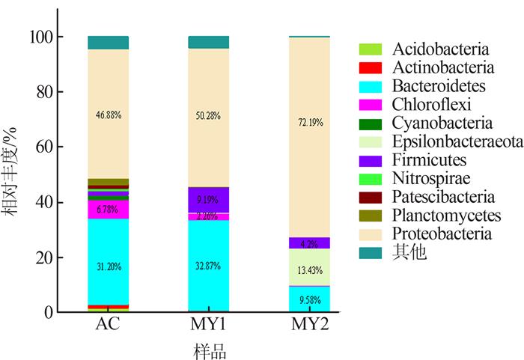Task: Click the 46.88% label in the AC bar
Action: pyautogui.click(x=109, y=115)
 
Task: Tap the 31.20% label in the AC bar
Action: pyautogui.click(x=109, y=266)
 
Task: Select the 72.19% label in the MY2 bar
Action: pyautogui.click(x=309, y=122)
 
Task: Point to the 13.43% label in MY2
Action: pyautogui.click(x=309, y=270)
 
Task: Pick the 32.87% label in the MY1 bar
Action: pyautogui.click(x=209, y=266)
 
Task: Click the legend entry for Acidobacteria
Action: pyautogui.click(x=430, y=49)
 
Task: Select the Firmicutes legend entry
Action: pyautogui.click(x=419, y=160)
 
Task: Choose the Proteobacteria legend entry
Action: pyautogui.click(x=430, y=234)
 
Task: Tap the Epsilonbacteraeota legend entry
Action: pyautogui.click(x=439, y=141)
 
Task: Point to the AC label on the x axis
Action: pyautogui.click(x=109, y=326)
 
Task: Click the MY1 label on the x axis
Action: pyautogui.click(x=209, y=326)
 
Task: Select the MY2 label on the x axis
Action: pyautogui.click(x=309, y=326)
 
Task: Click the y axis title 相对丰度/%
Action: pyautogui.click(x=14, y=174)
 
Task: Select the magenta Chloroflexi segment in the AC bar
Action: pyautogui.click(x=109, y=210)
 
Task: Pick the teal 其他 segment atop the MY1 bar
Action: pyautogui.click(x=209, y=42)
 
